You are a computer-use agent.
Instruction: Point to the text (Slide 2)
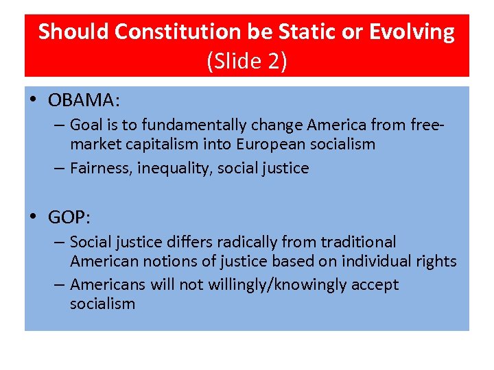246,61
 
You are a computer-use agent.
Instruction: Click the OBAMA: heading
84,101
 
